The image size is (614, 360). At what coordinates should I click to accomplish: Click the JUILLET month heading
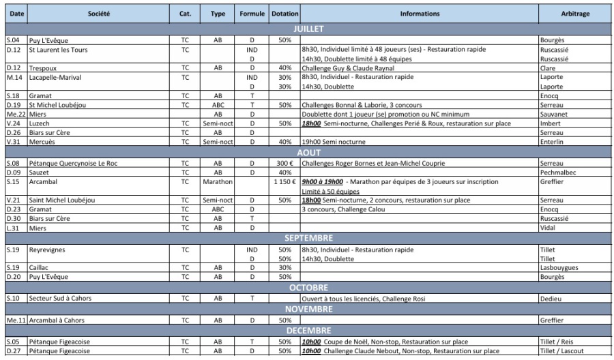306,29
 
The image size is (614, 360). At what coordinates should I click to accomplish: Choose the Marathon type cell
218,183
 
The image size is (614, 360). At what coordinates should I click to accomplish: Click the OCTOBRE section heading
306,288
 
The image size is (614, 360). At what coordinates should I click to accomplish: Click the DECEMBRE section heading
306,331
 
